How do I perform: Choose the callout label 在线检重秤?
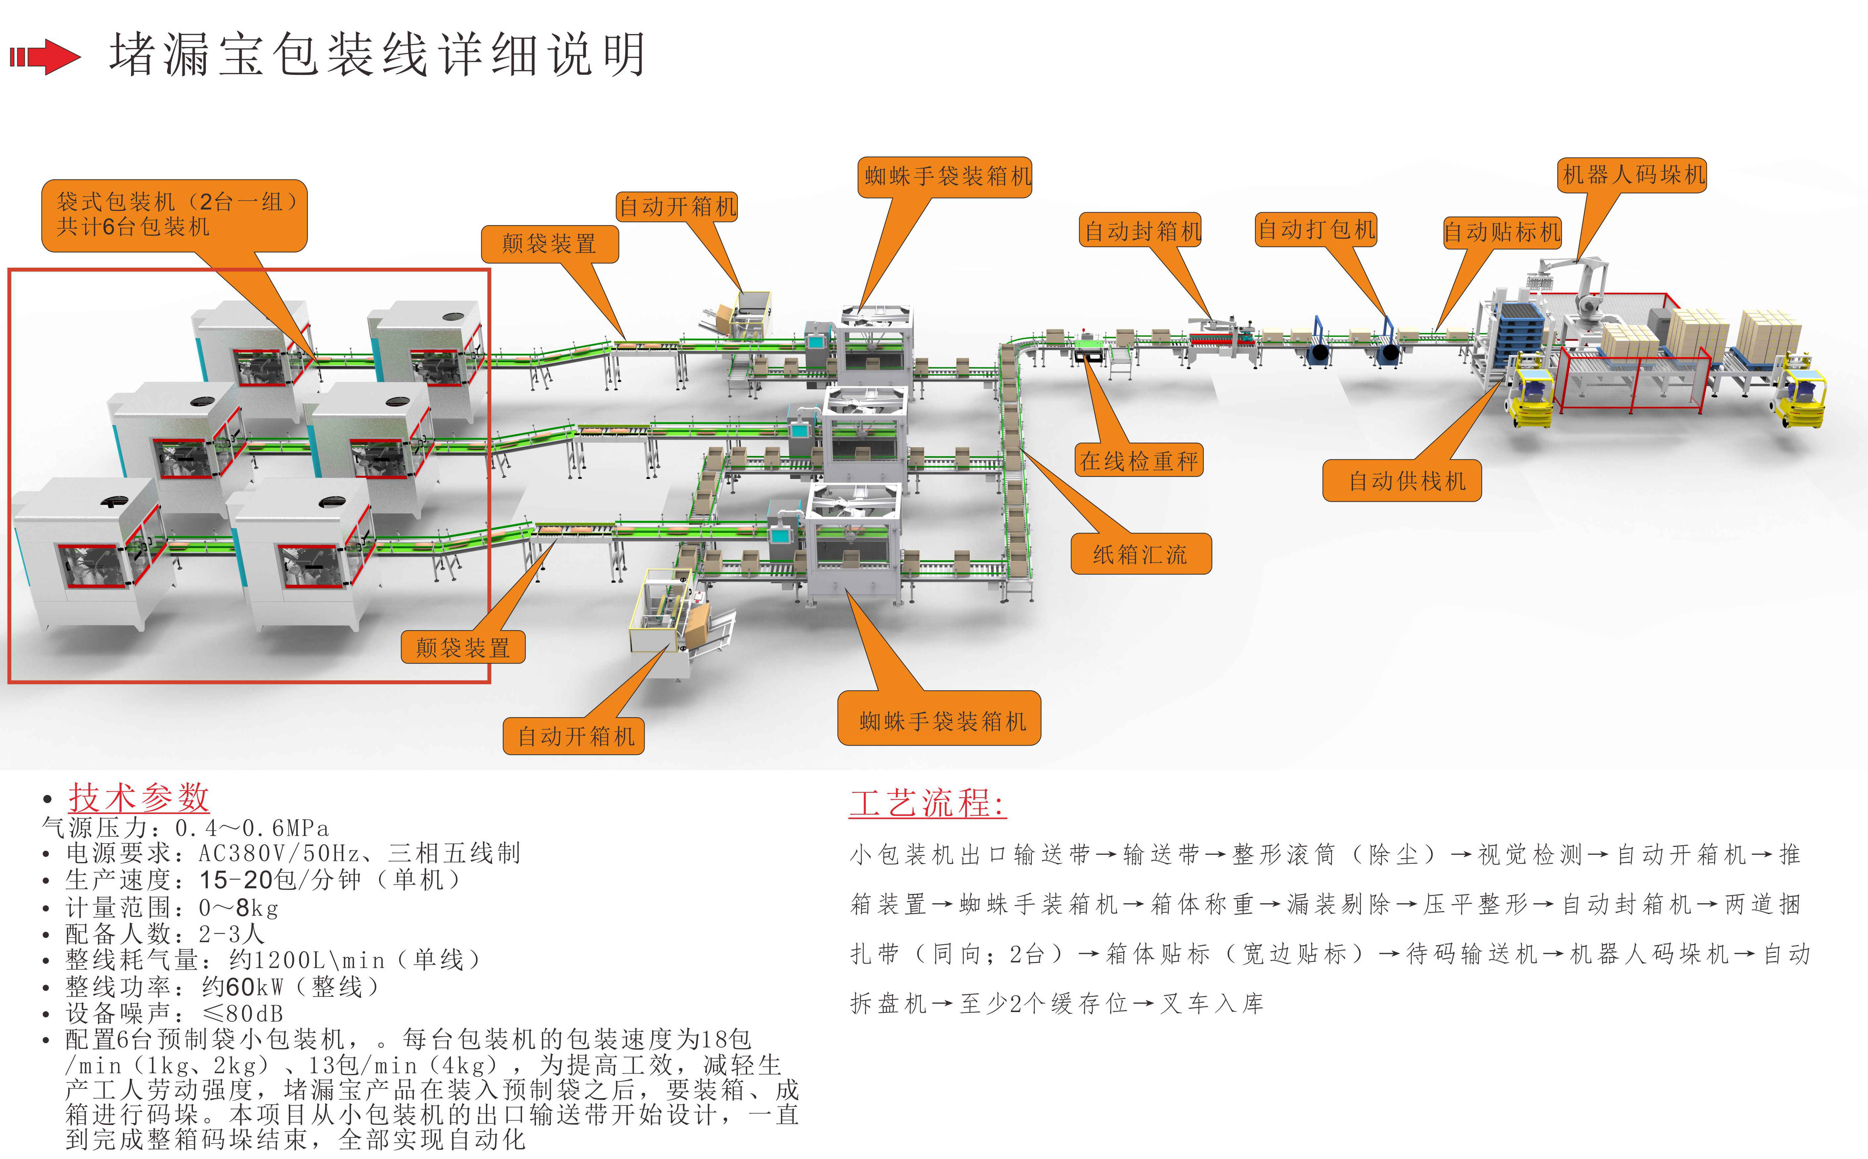(1138, 461)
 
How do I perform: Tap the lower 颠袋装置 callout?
(463, 648)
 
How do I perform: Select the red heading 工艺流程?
(928, 803)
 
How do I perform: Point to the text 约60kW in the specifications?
(242, 987)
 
